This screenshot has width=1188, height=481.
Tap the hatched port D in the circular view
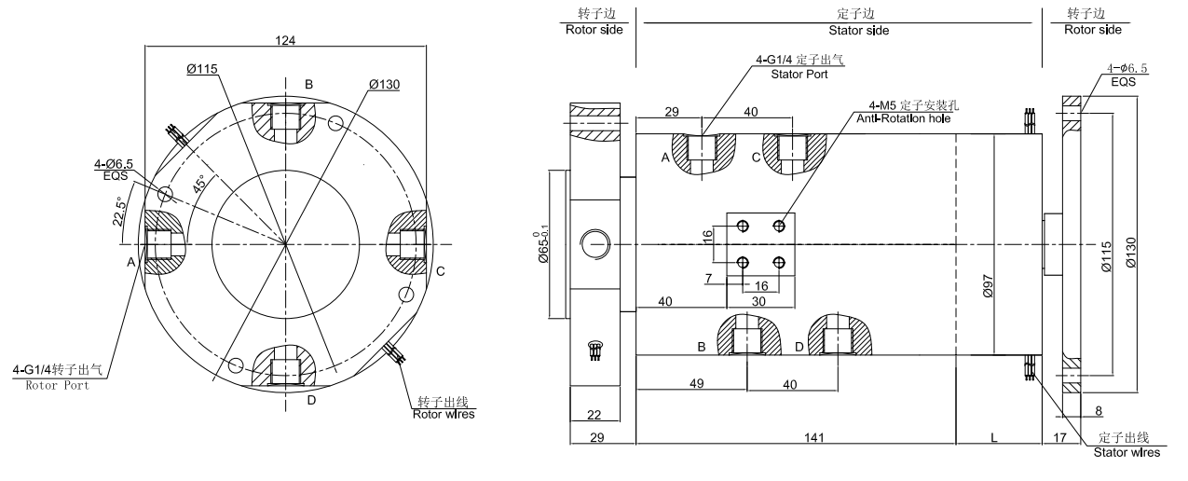(284, 370)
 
